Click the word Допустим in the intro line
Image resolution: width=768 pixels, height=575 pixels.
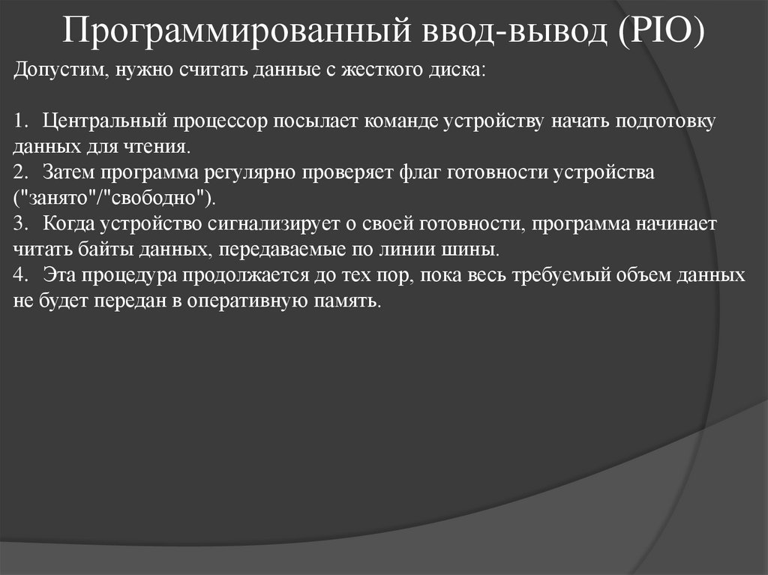[x=56, y=70]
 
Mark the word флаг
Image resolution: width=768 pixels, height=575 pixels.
[x=415, y=172]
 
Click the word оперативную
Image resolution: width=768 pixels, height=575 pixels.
[x=265, y=301]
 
